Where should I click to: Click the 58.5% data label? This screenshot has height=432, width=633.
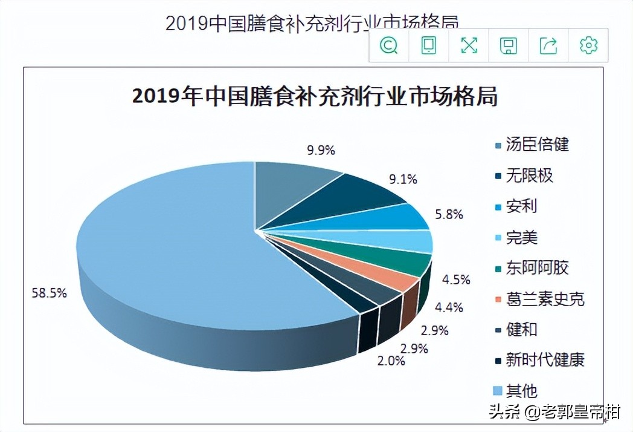[49, 293]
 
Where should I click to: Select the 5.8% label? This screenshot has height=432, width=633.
[449, 214]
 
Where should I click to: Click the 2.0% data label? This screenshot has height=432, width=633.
[391, 361]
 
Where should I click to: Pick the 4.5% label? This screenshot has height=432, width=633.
[455, 280]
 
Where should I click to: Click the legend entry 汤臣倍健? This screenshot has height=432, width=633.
[537, 145]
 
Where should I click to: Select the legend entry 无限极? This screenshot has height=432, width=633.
[529, 175]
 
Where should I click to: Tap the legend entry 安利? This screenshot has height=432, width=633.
[521, 206]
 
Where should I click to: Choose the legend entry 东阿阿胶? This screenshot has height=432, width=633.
[537, 268]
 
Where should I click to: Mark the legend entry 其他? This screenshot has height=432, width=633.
[521, 391]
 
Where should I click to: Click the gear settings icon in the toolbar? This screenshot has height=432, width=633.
[588, 45]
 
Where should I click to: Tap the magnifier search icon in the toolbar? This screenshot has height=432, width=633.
[389, 45]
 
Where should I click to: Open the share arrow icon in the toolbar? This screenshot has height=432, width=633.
[548, 45]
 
